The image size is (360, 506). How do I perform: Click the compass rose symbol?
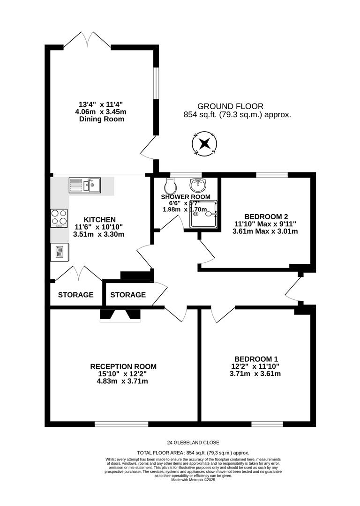click(204, 144)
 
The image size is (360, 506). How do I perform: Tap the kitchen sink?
click(84, 185)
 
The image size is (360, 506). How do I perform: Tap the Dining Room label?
click(102, 119)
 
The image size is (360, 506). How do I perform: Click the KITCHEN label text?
click(99, 219)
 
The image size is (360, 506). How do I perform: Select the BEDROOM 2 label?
click(265, 216)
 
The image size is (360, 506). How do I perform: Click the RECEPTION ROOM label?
click(123, 366)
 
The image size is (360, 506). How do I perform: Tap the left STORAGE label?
click(75, 295)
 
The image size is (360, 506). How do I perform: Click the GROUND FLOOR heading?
click(230, 106)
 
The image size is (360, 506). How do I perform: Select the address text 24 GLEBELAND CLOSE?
click(193, 442)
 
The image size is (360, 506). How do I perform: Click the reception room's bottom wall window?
click(121, 424)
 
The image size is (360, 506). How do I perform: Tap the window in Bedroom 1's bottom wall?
click(260, 424)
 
